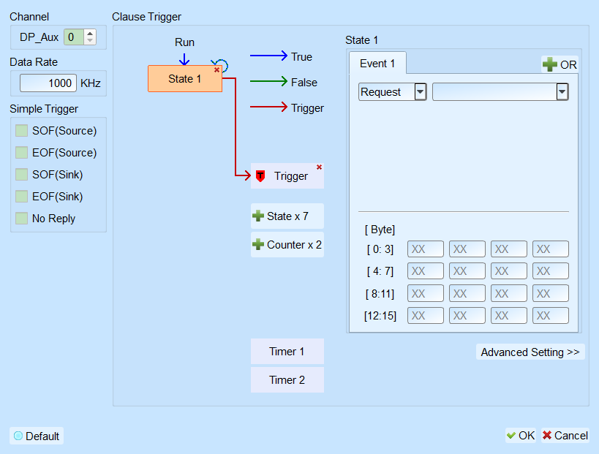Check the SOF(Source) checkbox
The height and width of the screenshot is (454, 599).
coord(21,131)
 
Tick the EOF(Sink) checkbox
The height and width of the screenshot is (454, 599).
coord(21,196)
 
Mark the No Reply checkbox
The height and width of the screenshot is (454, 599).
coord(21,219)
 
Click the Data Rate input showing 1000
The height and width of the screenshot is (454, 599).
coord(48,83)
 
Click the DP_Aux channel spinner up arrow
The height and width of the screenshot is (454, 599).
coord(90,34)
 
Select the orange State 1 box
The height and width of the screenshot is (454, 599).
coord(185,79)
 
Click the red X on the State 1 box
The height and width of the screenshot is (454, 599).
coord(216,70)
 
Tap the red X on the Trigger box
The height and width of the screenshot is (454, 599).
coord(319,167)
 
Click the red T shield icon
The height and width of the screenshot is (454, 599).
coord(260,176)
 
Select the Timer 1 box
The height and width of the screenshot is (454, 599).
coord(287,352)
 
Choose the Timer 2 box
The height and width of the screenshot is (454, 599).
coord(287,380)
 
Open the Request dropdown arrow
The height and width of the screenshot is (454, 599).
coord(421,91)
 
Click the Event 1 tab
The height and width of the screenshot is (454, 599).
coord(377,64)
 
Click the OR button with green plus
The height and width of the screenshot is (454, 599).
coord(560,64)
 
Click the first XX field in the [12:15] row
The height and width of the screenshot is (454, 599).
coord(426,316)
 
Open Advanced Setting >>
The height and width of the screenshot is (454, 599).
coord(530,352)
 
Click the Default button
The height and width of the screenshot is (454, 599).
coord(37,436)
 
